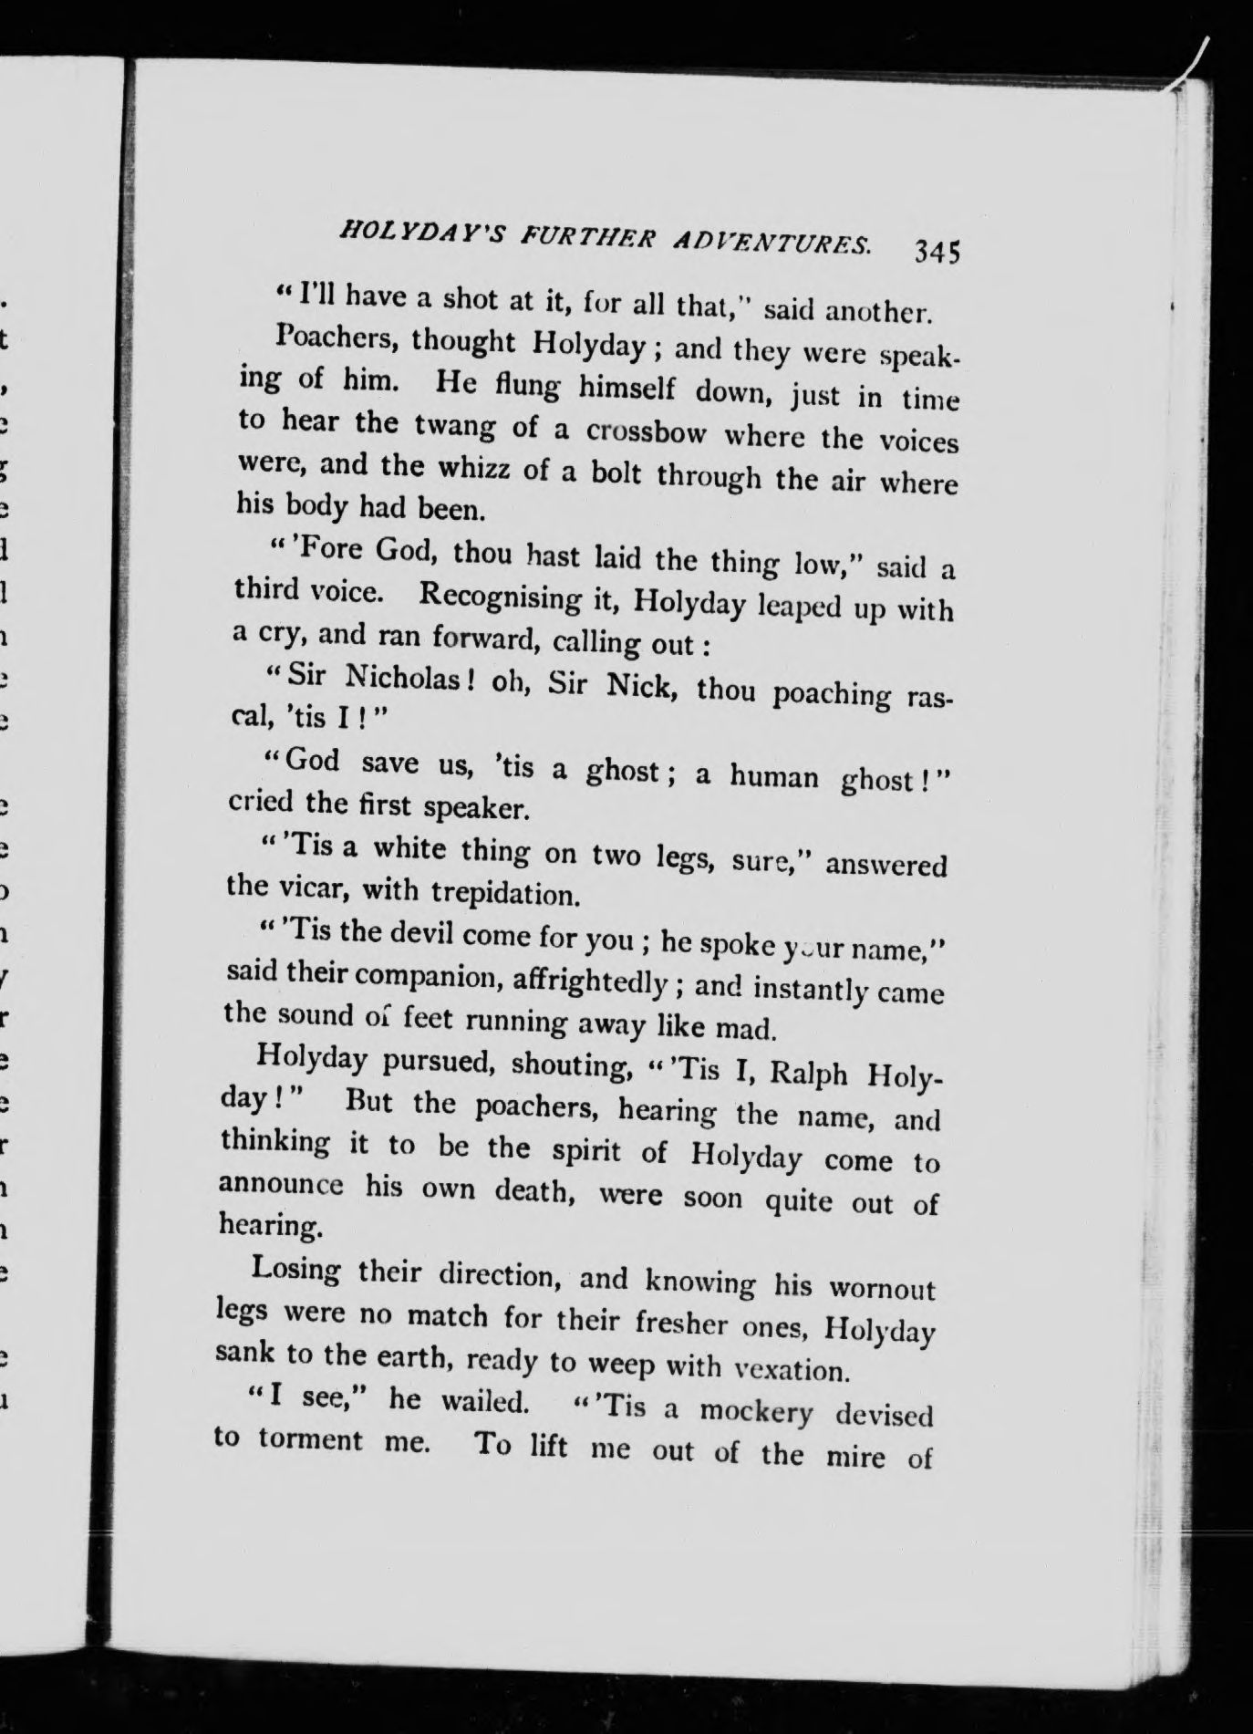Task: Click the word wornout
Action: point(881,1288)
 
